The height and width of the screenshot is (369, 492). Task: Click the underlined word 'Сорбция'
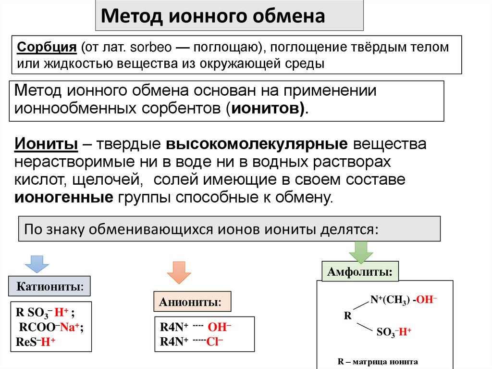coord(47,48)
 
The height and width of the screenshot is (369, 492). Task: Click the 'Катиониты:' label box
coord(50,288)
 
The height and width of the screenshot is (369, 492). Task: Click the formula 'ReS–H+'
coord(36,342)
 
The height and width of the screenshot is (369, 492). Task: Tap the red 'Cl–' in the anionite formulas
coord(215,342)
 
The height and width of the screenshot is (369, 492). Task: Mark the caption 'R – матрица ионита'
coord(378,362)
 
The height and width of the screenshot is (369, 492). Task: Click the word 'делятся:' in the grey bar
coord(348,229)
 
